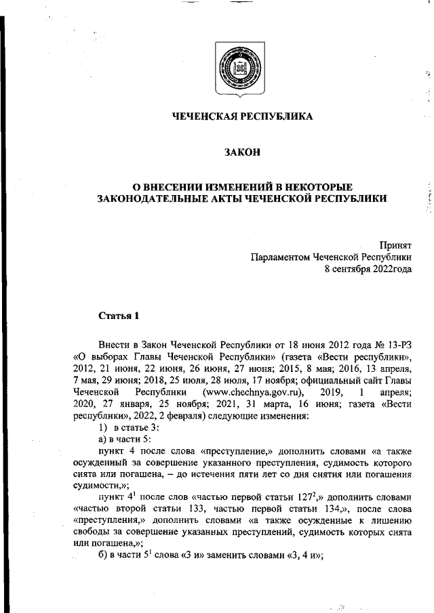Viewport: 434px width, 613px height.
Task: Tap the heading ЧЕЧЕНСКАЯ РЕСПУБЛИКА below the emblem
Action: (x=242, y=117)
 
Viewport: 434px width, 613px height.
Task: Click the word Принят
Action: (x=395, y=245)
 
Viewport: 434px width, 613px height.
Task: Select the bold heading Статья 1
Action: (x=119, y=316)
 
